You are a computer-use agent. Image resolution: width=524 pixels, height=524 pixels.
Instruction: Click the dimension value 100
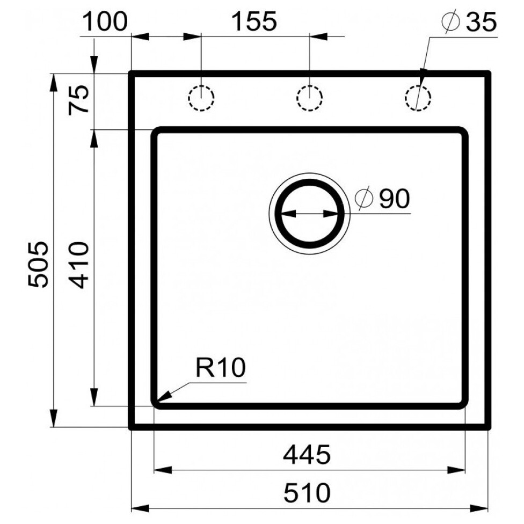pyautogui.click(x=105, y=21)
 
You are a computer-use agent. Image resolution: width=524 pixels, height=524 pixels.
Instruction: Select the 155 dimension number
pyautogui.click(x=254, y=21)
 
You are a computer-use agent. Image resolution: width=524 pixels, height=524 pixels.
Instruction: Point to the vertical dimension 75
pyautogui.click(x=79, y=100)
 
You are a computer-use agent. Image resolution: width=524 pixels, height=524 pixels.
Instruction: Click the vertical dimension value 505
pyautogui.click(x=38, y=264)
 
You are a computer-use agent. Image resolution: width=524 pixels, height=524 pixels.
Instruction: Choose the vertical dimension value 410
pyautogui.click(x=79, y=265)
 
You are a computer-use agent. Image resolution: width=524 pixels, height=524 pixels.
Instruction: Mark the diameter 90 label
pyautogui.click(x=382, y=198)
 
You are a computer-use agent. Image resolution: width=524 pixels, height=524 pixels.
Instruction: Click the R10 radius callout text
pyautogui.click(x=221, y=368)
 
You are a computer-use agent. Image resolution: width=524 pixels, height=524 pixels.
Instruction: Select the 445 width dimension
pyautogui.click(x=307, y=455)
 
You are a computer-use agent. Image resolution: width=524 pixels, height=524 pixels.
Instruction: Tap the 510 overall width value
pyautogui.click(x=307, y=492)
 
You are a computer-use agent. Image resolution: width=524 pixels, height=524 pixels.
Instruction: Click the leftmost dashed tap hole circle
pyautogui.click(x=201, y=98)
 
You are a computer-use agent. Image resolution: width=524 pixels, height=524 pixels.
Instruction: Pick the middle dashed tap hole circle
pyautogui.click(x=309, y=98)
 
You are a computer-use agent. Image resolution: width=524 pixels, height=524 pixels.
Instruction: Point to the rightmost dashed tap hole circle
pyautogui.click(x=418, y=98)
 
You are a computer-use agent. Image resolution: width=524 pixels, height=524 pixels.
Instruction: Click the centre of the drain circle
pyautogui.click(x=309, y=213)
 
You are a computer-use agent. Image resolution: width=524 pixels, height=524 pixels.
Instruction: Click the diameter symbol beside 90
pyautogui.click(x=364, y=198)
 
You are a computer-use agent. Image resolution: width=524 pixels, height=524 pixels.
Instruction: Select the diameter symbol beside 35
pyautogui.click(x=450, y=22)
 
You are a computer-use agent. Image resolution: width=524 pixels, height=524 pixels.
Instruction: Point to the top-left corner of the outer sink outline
pyautogui.click(x=131, y=73)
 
